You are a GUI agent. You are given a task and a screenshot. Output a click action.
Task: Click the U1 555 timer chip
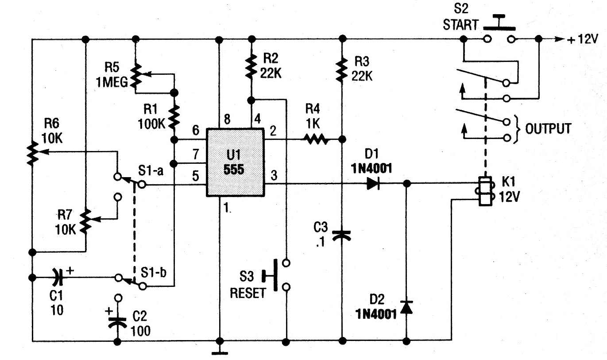235,163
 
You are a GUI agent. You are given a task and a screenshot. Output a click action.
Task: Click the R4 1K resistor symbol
315,140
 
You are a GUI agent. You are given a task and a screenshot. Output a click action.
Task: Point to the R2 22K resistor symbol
251,66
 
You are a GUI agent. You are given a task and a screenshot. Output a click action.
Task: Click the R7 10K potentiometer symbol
85,221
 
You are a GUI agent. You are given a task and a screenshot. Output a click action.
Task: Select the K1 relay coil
485,191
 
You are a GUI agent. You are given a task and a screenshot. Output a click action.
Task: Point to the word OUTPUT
548,128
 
